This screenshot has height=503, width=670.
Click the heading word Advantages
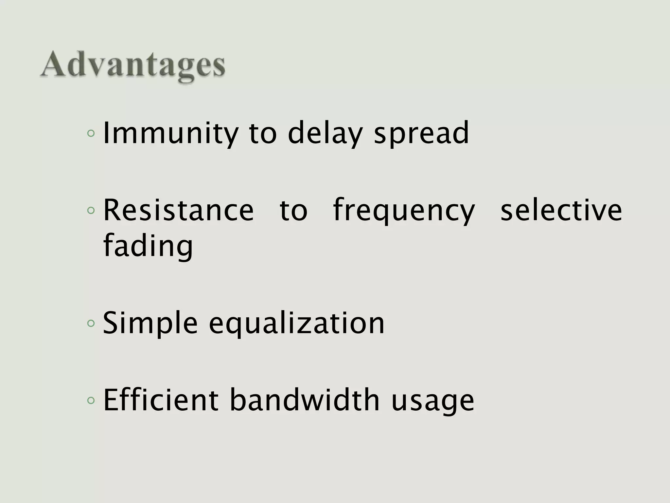point(132,65)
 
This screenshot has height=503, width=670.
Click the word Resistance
point(178,210)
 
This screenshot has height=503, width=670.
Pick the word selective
point(561,210)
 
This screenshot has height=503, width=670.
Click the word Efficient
point(161,400)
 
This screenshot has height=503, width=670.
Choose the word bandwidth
point(305,400)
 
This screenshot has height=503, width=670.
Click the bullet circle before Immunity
point(91,134)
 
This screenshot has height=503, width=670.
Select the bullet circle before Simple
point(91,324)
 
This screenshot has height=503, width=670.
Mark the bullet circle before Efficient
point(91,400)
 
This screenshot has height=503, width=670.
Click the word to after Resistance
point(293,211)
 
